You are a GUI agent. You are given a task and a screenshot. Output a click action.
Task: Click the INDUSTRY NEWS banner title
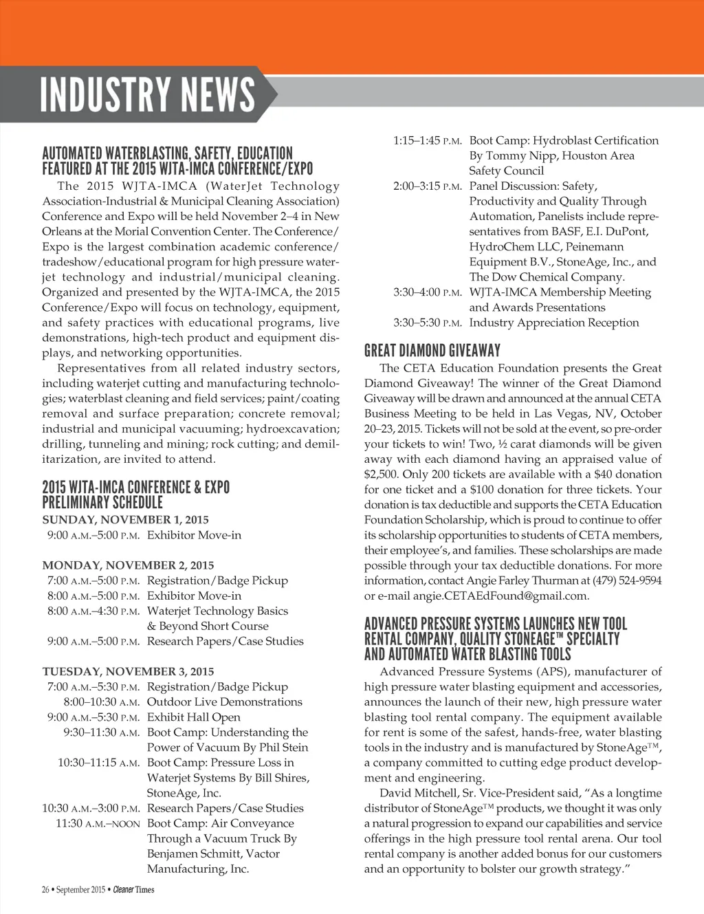tap(147, 94)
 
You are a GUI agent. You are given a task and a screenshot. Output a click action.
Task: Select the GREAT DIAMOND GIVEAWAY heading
tap(432, 351)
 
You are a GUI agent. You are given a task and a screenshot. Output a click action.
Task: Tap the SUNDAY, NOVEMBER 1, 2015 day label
tap(125, 520)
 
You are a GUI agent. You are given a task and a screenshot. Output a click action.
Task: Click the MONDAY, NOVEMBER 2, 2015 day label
tap(128, 565)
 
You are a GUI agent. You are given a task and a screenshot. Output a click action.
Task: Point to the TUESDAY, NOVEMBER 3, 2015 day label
tap(128, 671)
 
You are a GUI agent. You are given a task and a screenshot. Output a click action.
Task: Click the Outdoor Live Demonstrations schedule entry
tap(224, 701)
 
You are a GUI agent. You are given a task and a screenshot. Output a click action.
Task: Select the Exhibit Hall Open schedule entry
tap(193, 717)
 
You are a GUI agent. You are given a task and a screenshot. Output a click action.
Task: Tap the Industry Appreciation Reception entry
tap(553, 323)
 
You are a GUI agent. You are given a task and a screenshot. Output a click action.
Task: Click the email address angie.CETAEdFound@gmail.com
tap(500, 596)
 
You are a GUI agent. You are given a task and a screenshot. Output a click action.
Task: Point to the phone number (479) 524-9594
tap(627, 580)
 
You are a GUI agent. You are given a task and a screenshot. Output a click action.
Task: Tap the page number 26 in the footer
tap(45, 890)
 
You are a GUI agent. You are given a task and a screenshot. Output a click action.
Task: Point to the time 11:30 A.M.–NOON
tap(98, 823)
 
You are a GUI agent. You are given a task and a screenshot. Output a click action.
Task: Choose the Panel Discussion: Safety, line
tap(533, 186)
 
